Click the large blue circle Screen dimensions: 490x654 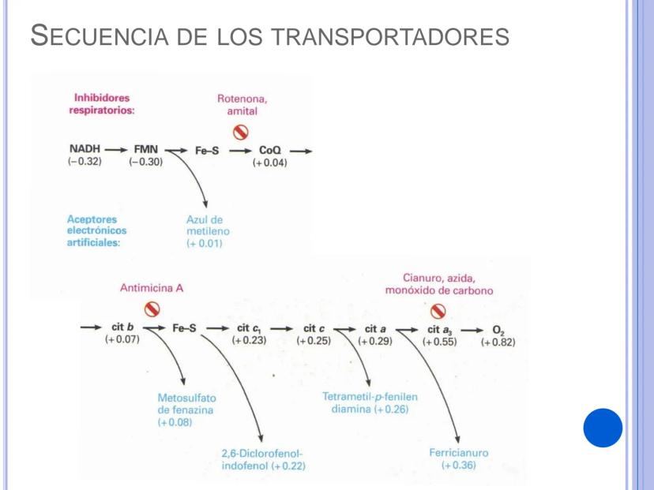click(x=603, y=429)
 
